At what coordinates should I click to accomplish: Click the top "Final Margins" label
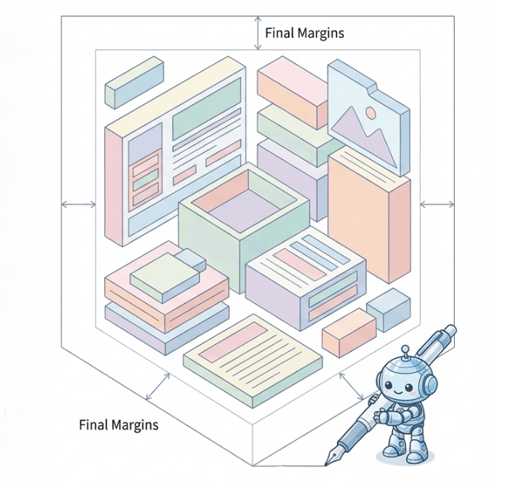pyautogui.click(x=304, y=33)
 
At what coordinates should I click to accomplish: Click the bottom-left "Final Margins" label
pyautogui.click(x=118, y=425)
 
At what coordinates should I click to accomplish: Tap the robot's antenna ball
pyautogui.click(x=405, y=348)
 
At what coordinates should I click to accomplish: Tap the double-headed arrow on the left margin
pyautogui.click(x=78, y=203)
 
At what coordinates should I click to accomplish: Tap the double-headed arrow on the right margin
pyautogui.click(x=437, y=203)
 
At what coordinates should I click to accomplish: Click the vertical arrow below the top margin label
pyautogui.click(x=258, y=34)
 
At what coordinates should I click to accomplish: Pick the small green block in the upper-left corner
pyautogui.click(x=134, y=82)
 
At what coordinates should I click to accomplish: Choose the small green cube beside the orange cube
pyautogui.click(x=388, y=308)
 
